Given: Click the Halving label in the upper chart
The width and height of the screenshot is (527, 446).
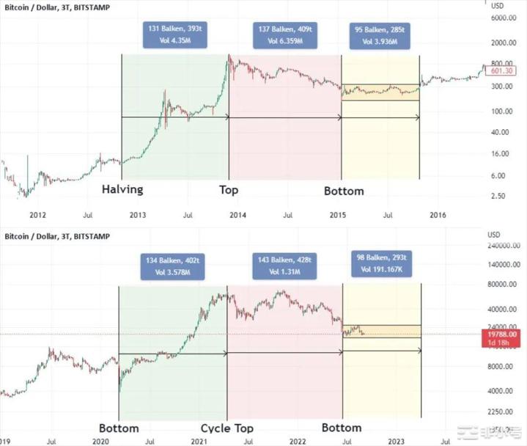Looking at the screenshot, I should pos(122,190).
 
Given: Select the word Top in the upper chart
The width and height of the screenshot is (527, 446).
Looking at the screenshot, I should pos(229,190).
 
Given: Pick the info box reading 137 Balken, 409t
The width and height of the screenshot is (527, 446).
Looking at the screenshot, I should pos(284,35).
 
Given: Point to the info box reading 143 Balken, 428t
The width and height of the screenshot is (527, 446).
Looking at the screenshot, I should pos(286,266).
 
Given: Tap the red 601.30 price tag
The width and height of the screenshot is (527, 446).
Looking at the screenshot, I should pos(501,71).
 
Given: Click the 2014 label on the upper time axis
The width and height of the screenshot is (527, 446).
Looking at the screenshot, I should pos(237,216).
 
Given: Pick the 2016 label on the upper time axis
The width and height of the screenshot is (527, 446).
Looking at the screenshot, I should pos(438,216).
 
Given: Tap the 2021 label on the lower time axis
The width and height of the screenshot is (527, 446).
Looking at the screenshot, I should pos(198,442).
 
